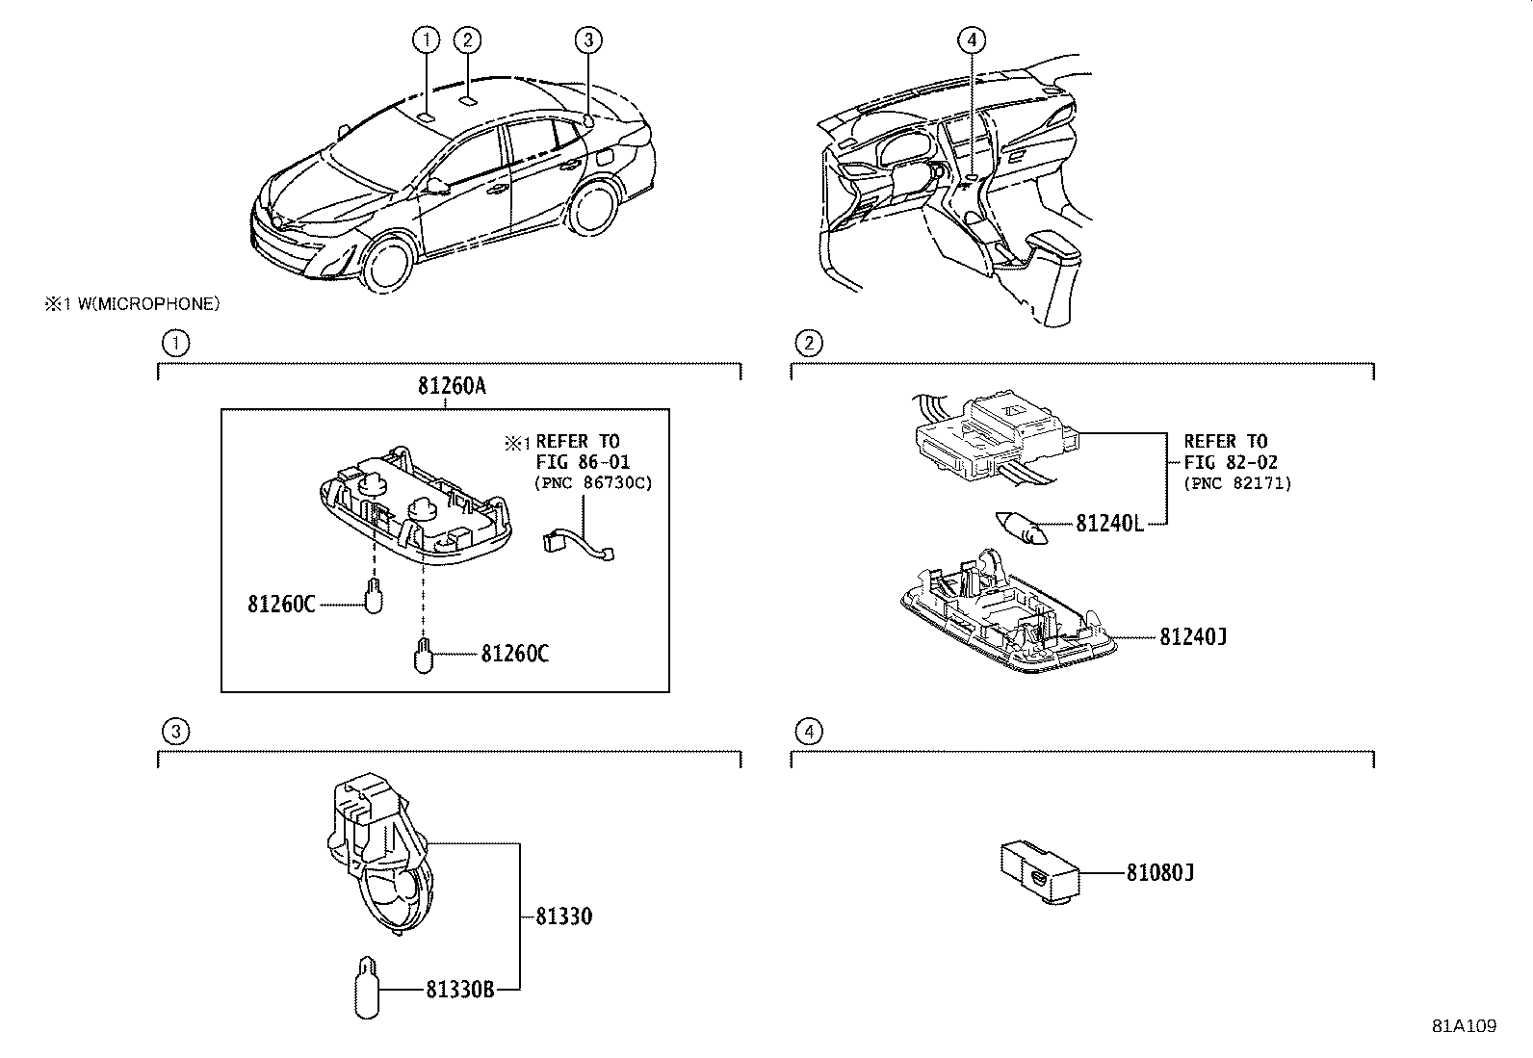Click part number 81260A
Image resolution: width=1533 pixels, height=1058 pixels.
(452, 386)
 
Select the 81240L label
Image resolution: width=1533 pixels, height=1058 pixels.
(1108, 524)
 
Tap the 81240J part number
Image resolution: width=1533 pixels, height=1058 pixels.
(1192, 636)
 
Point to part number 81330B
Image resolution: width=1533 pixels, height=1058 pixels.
(459, 989)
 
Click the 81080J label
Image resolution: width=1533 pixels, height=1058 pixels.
(1159, 873)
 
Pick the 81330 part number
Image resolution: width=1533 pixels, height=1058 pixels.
(563, 916)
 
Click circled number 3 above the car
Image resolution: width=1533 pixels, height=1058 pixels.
(588, 39)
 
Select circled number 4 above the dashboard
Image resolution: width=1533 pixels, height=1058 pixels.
(972, 39)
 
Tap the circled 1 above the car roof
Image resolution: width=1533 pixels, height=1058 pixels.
(426, 39)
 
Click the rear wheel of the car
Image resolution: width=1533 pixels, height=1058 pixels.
(594, 206)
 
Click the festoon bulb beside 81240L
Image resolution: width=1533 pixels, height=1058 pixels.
(1021, 528)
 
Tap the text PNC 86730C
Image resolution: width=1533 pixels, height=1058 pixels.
(592, 482)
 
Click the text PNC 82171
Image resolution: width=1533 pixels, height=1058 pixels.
(1237, 482)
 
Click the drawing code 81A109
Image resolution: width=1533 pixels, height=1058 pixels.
(1464, 1026)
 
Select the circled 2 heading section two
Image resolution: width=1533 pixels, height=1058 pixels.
(808, 342)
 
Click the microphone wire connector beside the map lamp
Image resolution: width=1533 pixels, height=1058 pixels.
(577, 544)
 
